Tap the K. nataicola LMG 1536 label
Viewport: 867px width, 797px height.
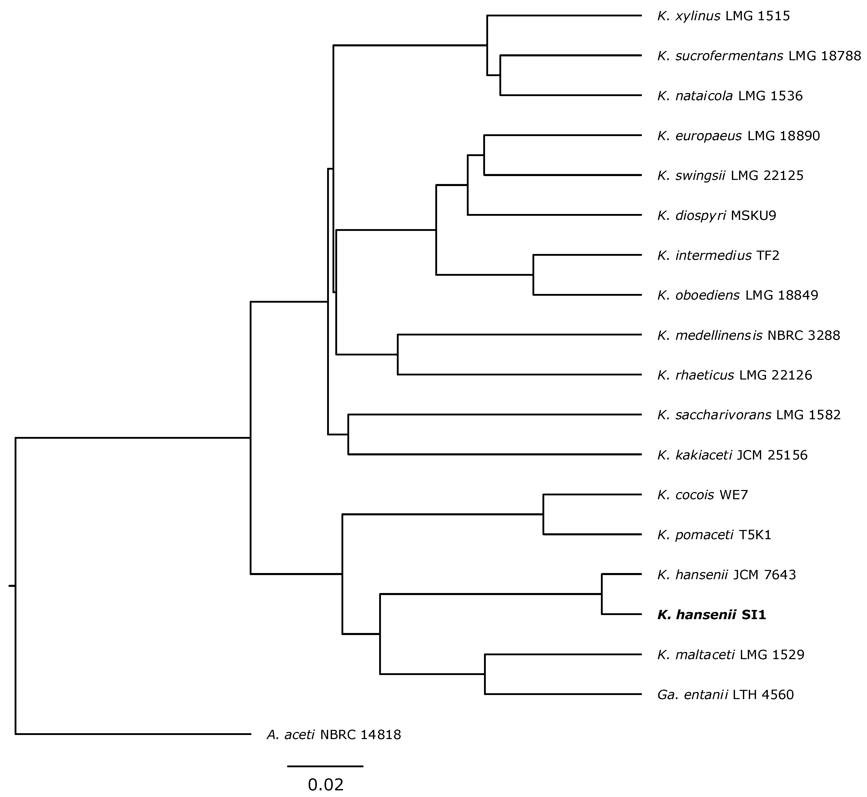[730, 96]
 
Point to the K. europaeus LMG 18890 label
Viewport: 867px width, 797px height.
[739, 136]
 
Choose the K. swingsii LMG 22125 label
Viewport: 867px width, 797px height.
[730, 176]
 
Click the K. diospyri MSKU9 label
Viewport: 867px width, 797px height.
[717, 215]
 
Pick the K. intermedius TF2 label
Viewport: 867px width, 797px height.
[718, 255]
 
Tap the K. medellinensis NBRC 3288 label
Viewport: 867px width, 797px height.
[748, 335]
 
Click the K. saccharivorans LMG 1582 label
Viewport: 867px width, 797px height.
[749, 415]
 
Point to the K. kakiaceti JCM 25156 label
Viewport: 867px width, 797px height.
[732, 455]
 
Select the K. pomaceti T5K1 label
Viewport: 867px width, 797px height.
[714, 535]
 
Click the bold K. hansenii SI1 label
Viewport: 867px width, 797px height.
[712, 615]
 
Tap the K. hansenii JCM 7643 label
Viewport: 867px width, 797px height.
[726, 575]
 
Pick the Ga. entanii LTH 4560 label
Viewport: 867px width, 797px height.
[725, 694]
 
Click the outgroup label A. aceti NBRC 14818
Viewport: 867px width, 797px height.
[334, 734]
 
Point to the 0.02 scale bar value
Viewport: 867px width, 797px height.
[326, 784]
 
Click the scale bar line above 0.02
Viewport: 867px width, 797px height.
[326, 766]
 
